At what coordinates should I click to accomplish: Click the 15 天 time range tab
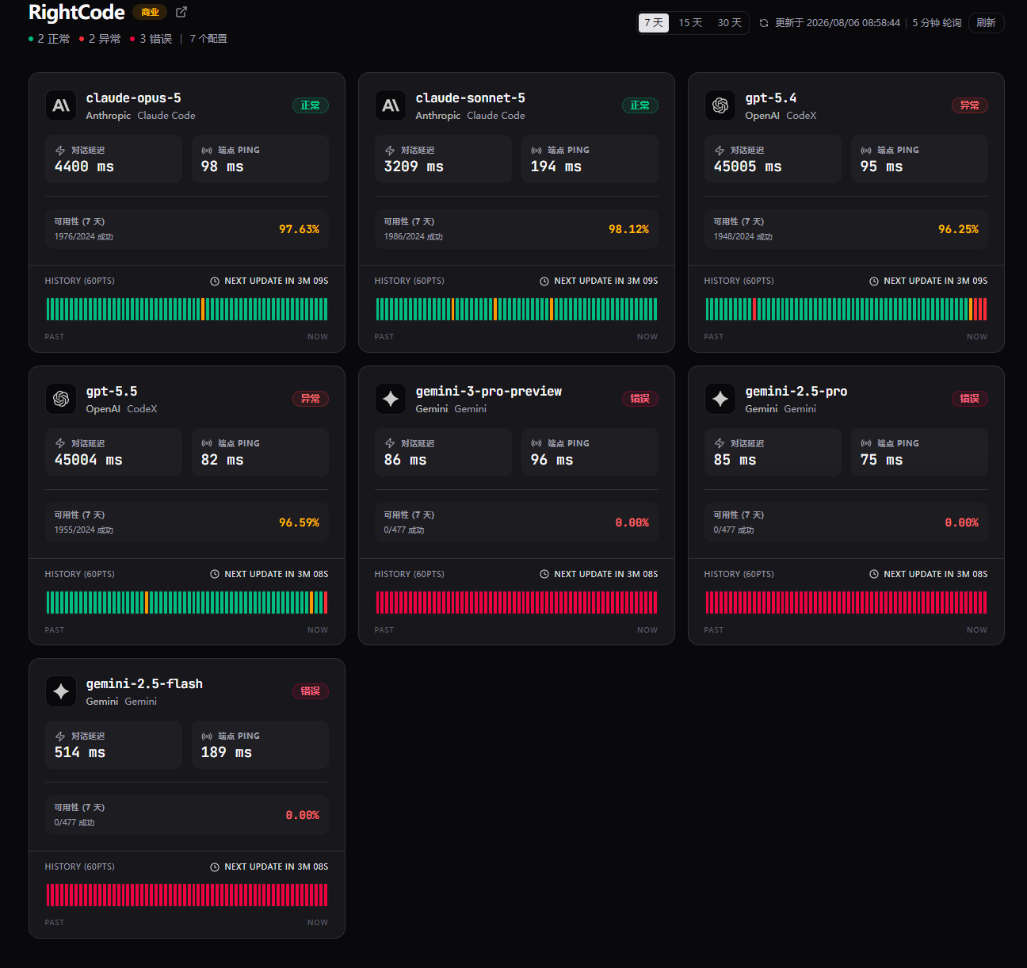point(690,23)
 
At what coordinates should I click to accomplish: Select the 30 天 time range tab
point(729,23)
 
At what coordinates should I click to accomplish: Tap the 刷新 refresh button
point(986,23)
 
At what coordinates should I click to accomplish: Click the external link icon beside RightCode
point(181,12)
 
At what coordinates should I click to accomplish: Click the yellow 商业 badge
point(150,12)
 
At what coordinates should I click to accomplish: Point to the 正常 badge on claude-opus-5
point(311,105)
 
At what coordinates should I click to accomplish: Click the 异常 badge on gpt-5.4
point(970,105)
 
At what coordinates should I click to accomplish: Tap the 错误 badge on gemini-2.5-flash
point(311,691)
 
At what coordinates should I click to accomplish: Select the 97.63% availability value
point(299,229)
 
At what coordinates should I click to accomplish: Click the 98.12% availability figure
point(628,229)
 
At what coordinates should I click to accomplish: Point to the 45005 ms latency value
point(747,166)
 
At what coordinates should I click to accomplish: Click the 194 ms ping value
point(556,166)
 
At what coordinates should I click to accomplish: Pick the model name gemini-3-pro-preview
point(488,392)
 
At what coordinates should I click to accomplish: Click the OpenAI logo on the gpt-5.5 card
point(61,399)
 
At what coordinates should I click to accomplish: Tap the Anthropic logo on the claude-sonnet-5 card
point(391,105)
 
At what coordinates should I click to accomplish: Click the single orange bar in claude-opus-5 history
point(203,309)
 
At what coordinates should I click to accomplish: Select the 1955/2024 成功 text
point(83,530)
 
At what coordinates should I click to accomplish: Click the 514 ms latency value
point(79,753)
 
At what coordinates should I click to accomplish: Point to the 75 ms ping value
point(881,460)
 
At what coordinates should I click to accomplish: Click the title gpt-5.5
point(112,392)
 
